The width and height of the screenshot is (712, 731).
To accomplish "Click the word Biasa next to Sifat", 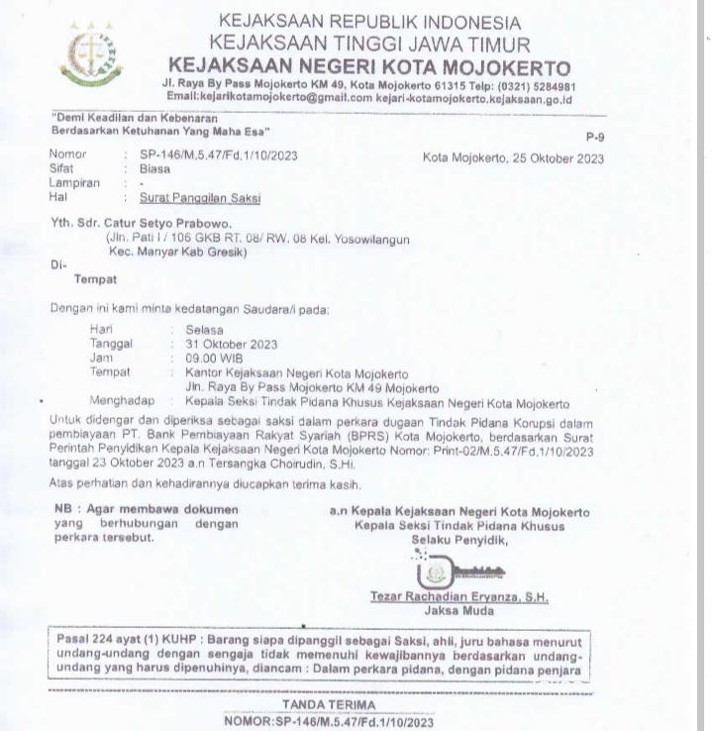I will click(x=155, y=169).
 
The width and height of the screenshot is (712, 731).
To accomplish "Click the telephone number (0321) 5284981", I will click(x=536, y=86).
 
